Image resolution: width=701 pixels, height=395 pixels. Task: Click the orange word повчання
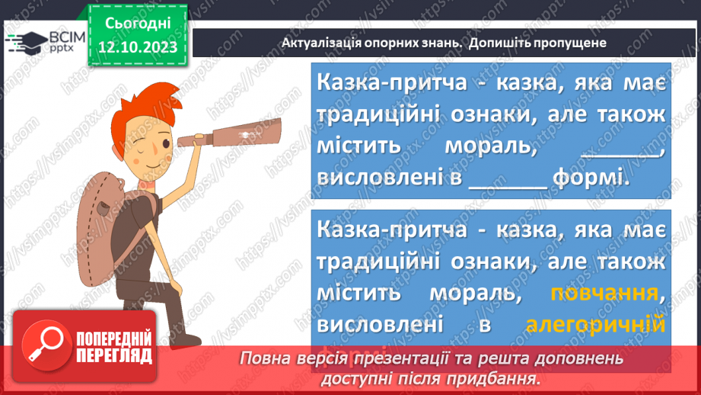604,294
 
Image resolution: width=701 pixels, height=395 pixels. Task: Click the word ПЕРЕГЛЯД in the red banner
113,355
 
